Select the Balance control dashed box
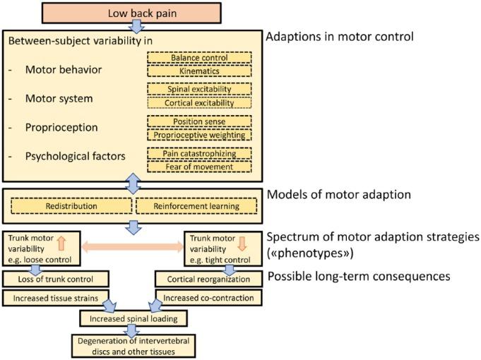pyautogui.click(x=198, y=57)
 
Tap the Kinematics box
pyautogui.click(x=198, y=71)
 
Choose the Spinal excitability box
pyautogui.click(x=198, y=88)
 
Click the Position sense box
pyautogui.click(x=198, y=121)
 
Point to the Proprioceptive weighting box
pyautogui.click(x=198, y=134)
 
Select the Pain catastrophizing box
pyautogui.click(x=198, y=153)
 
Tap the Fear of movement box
pyautogui.click(x=198, y=167)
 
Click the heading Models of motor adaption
pyautogui.click(x=336, y=194)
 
